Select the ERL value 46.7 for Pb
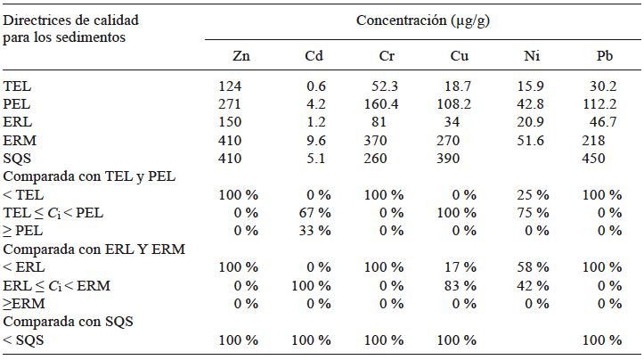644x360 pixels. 605,122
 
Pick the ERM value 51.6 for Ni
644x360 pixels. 532,140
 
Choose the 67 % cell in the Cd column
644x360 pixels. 314,213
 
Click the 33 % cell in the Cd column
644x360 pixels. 314,232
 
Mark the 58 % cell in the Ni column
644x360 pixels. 532,267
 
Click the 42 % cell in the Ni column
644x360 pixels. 532,286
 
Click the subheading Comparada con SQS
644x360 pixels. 69,322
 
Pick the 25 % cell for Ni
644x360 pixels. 532,195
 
